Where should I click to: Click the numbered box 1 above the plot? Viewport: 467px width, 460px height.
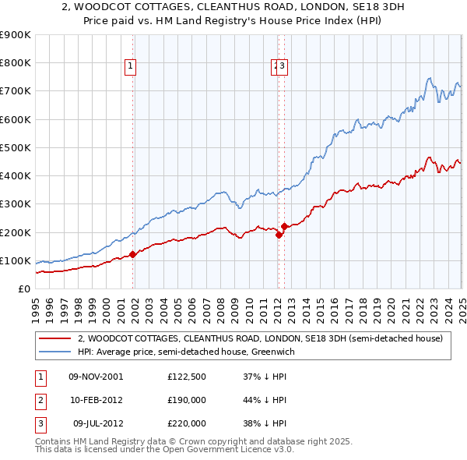coord(130,67)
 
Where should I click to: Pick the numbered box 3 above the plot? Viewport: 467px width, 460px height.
coord(283,67)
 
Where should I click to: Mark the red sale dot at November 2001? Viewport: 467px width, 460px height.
coord(133,253)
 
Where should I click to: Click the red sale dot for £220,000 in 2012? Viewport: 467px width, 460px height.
coord(285,226)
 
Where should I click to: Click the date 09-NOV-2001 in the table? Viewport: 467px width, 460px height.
coord(95,377)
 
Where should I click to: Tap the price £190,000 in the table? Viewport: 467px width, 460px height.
coord(186,400)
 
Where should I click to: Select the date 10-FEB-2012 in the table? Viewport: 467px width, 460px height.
coord(95,400)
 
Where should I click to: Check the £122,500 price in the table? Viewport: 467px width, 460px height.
coord(186,377)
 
